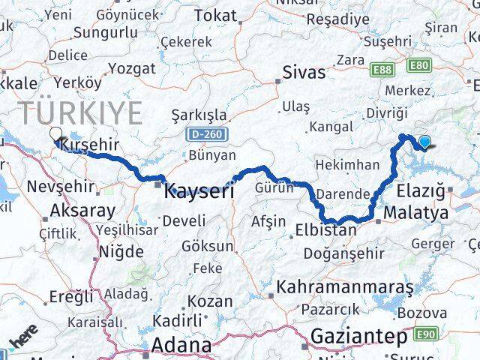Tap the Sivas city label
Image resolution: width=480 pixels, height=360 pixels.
pyautogui.click(x=304, y=72)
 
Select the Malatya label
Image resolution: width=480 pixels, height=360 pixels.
pyautogui.click(x=415, y=214)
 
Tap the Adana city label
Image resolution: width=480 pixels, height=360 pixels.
pyautogui.click(x=182, y=345)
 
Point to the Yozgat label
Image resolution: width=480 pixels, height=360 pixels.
pyautogui.click(x=131, y=68)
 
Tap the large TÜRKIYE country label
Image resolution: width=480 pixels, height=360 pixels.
pyautogui.click(x=81, y=113)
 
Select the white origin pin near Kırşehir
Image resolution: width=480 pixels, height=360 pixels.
pyautogui.click(x=55, y=135)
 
